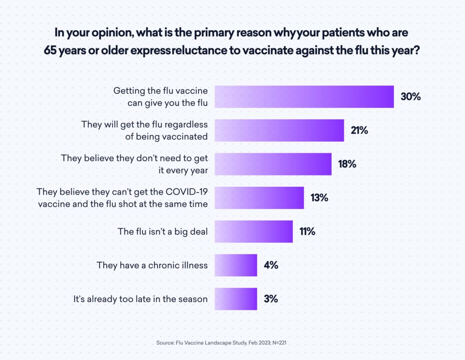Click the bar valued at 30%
coord(304,97)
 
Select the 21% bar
coord(279,130)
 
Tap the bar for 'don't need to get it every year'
coord(273,164)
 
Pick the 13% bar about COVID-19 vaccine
coord(259,197)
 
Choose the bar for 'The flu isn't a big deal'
coord(253,231)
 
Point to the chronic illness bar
coord(236,265)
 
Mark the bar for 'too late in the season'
coord(236,299)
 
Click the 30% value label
coord(411,97)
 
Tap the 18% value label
coord(347,164)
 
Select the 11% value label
coord(307,231)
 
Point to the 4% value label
coord(271,265)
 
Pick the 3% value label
coord(271,299)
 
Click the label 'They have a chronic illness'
coord(152,265)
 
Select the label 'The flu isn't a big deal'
coord(163,231)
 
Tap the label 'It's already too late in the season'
coord(140,299)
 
